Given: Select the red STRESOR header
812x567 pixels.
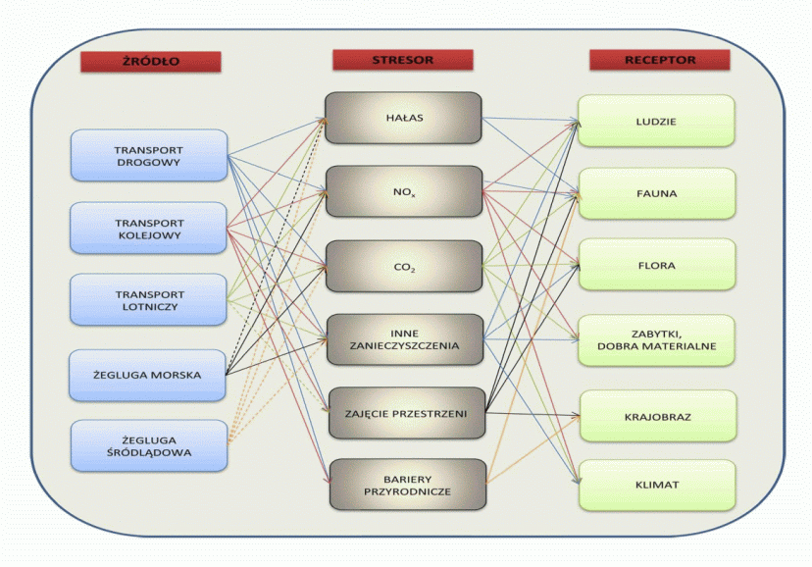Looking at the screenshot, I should [402, 60].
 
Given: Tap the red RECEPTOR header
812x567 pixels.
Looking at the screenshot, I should [659, 60].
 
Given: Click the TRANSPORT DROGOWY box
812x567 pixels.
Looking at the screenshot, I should [149, 155].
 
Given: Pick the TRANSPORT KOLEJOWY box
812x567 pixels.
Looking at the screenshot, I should [149, 229].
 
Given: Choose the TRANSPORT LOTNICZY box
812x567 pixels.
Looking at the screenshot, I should [149, 301].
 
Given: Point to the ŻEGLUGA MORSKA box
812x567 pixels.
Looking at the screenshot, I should [149, 374].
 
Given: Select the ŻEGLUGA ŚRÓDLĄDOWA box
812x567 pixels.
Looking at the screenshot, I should [149, 445].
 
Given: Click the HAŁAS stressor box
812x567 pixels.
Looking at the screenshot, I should [403, 118].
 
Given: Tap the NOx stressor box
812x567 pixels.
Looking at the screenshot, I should [403, 191].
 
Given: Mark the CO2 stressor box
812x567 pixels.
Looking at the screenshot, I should [403, 265].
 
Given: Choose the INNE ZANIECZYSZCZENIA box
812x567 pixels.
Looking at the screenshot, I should [403, 339].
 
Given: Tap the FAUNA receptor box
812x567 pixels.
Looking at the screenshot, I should [656, 193].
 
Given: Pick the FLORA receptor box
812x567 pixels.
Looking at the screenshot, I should [656, 265].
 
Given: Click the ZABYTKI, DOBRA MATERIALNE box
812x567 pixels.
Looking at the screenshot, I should [656, 339].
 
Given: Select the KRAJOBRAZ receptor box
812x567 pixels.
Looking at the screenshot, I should [656, 416].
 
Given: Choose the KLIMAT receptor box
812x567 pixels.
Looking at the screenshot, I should [656, 485].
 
